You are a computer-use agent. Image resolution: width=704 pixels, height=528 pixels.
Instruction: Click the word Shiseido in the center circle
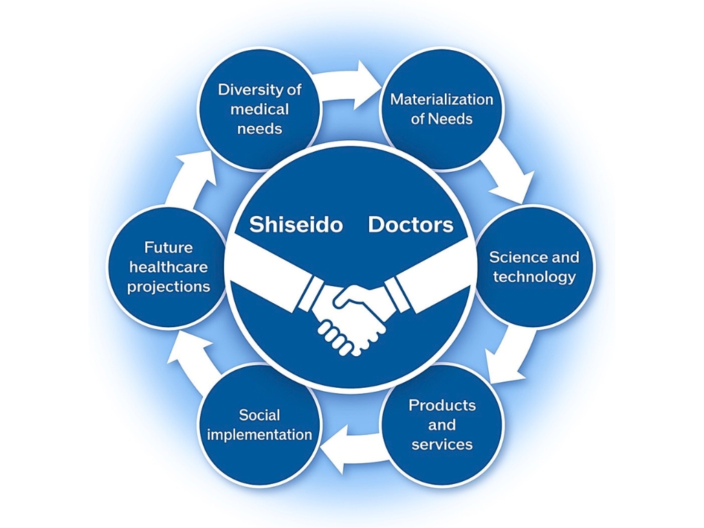[296, 225]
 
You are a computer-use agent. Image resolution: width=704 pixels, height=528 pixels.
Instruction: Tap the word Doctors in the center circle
[411, 225]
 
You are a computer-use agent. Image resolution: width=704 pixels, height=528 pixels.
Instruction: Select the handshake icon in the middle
[351, 296]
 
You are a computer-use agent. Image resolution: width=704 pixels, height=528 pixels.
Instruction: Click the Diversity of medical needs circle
[259, 109]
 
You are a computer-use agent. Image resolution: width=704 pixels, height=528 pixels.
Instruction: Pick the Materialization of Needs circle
[442, 109]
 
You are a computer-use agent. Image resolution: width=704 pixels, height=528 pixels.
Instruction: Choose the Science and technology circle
[533, 267]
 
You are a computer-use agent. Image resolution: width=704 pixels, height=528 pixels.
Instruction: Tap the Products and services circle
[442, 425]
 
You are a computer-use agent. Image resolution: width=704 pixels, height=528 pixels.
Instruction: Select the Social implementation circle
[259, 425]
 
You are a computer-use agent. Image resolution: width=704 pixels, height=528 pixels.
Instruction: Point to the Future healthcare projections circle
[168, 267]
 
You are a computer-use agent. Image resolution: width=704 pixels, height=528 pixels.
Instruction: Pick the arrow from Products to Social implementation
[355, 449]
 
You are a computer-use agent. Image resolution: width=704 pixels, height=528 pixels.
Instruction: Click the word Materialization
[442, 99]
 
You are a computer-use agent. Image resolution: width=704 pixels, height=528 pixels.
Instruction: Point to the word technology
[534, 277]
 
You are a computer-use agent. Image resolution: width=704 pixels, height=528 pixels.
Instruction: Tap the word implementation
[259, 434]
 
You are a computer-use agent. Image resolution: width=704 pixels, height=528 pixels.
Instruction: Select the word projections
[168, 287]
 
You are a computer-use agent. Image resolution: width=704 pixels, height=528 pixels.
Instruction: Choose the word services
[442, 445]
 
